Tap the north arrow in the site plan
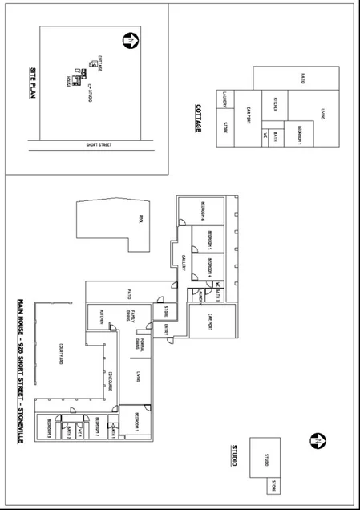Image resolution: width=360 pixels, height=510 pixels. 128,38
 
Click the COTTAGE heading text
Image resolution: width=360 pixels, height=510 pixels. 197,118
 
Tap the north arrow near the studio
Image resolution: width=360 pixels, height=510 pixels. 318,441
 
